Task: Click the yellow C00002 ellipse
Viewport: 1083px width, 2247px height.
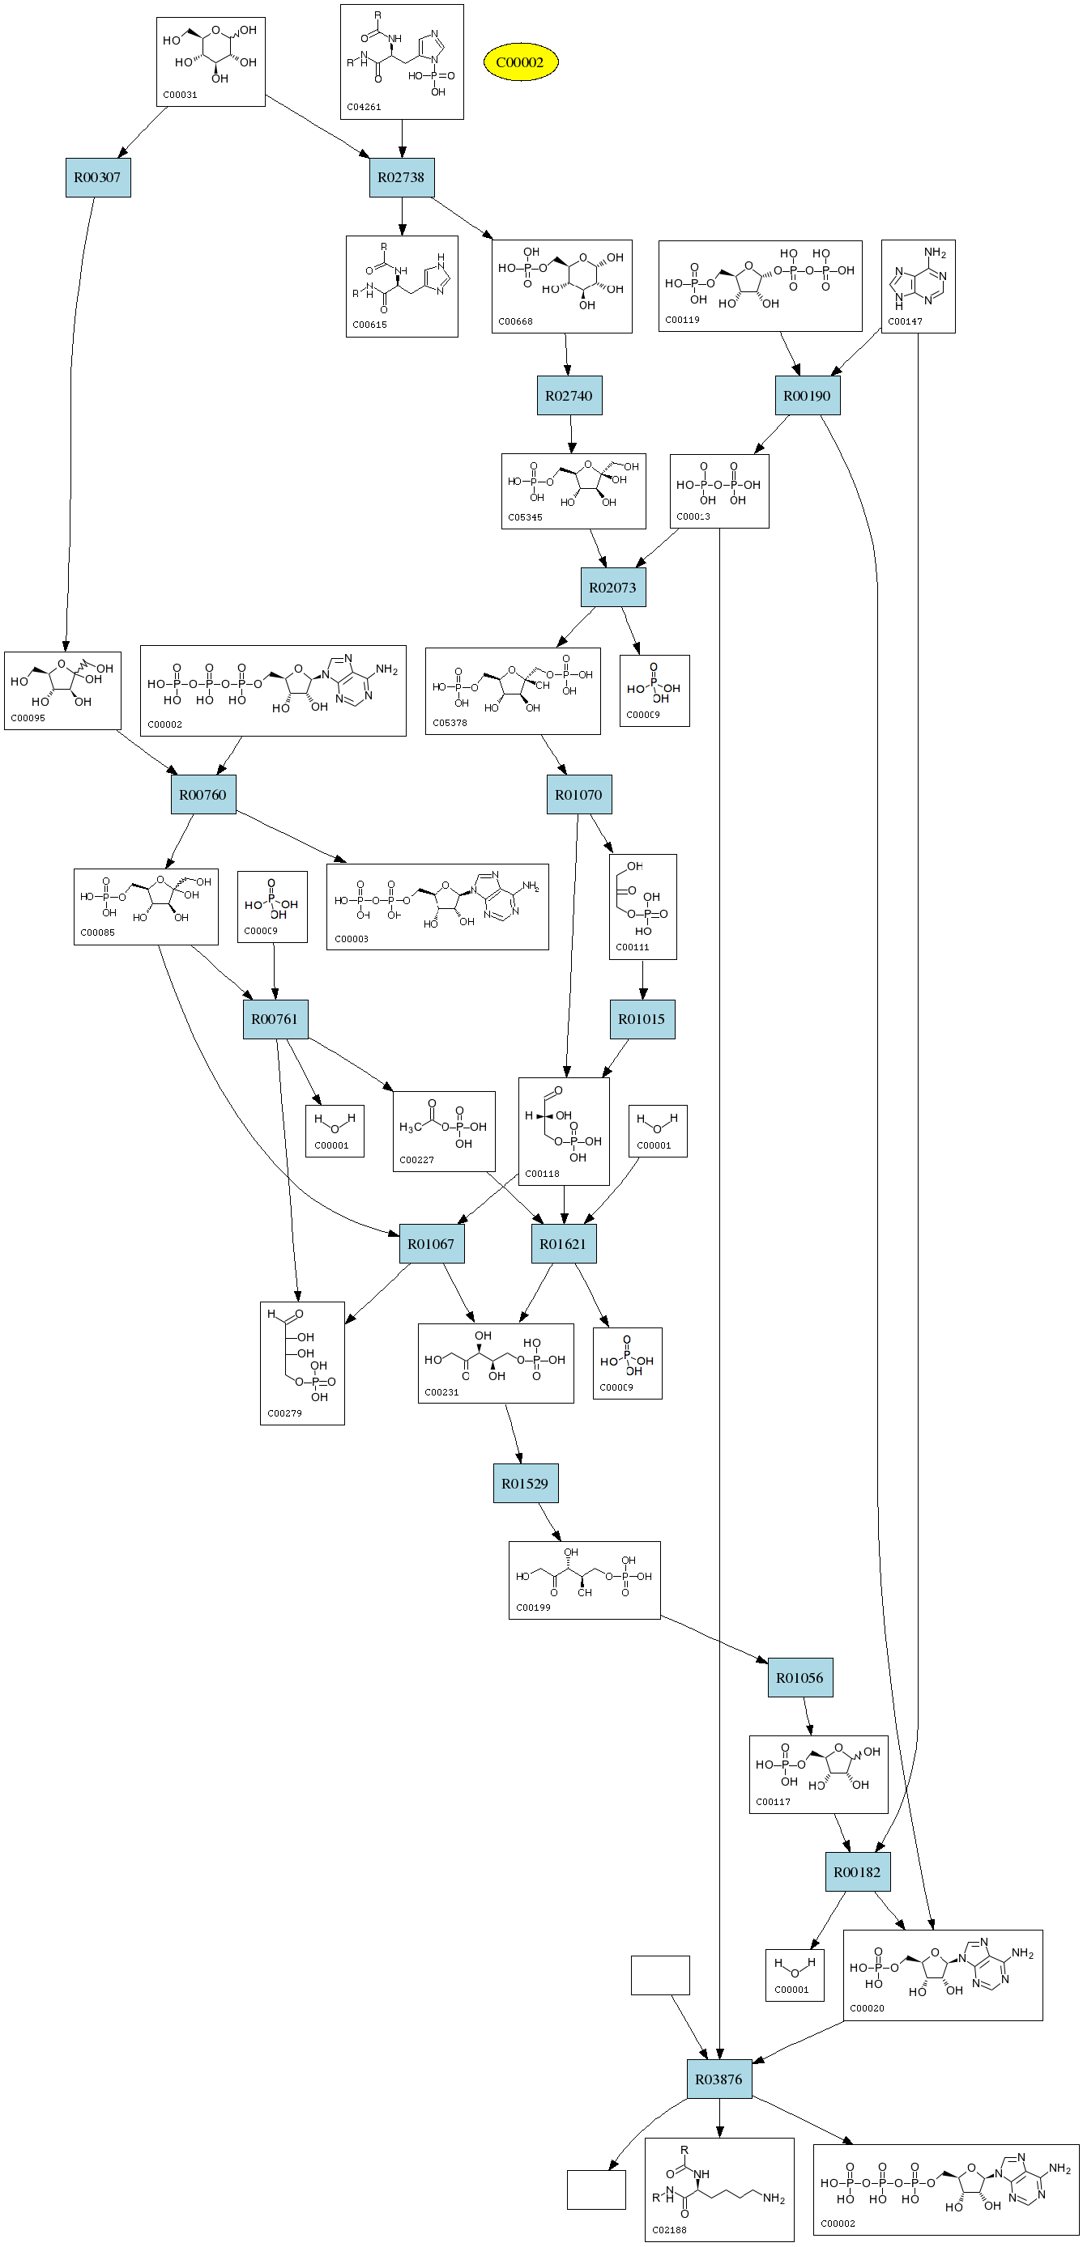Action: coord(520,62)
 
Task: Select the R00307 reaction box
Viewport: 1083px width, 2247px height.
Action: coord(98,178)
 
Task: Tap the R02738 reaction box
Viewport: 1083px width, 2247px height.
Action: coord(402,178)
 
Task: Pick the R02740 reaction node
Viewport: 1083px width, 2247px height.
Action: coord(569,396)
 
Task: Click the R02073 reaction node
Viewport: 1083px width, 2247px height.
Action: coord(612,588)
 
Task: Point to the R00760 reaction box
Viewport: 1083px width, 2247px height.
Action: coord(203,795)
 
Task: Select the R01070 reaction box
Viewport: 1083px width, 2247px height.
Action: coord(578,795)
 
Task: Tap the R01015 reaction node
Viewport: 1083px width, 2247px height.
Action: coord(642,1019)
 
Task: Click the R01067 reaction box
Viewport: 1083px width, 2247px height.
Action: coord(431,1244)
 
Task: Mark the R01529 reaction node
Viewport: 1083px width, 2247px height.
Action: coord(526,1484)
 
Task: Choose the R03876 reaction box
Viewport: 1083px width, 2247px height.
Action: coord(719,2079)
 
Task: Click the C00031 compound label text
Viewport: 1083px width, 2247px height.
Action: coord(180,95)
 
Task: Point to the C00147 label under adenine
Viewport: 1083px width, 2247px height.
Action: coord(905,321)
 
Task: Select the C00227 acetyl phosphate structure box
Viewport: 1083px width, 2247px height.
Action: coord(443,1131)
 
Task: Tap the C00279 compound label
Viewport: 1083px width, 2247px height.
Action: coord(284,1413)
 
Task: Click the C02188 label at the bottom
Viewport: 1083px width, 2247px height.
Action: coord(669,2229)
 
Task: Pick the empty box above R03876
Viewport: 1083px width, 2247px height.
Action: coord(659,1975)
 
